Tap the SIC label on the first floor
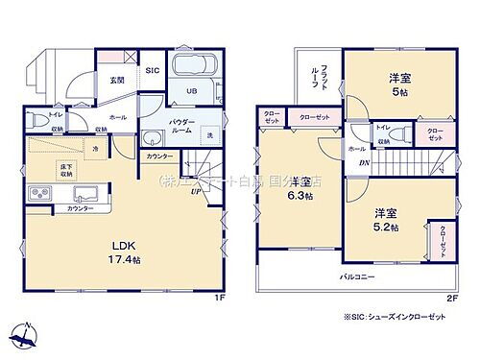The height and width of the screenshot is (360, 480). click(x=152, y=71)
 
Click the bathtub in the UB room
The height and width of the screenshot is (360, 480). click(x=195, y=69)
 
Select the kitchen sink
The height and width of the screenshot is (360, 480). click(x=75, y=192)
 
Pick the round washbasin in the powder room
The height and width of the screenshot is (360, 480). click(x=153, y=136)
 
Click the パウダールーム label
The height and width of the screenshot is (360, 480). click(x=181, y=126)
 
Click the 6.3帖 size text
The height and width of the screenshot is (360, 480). click(x=302, y=197)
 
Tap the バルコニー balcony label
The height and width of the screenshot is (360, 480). click(x=356, y=277)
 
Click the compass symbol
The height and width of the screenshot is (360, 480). click(x=27, y=336)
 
